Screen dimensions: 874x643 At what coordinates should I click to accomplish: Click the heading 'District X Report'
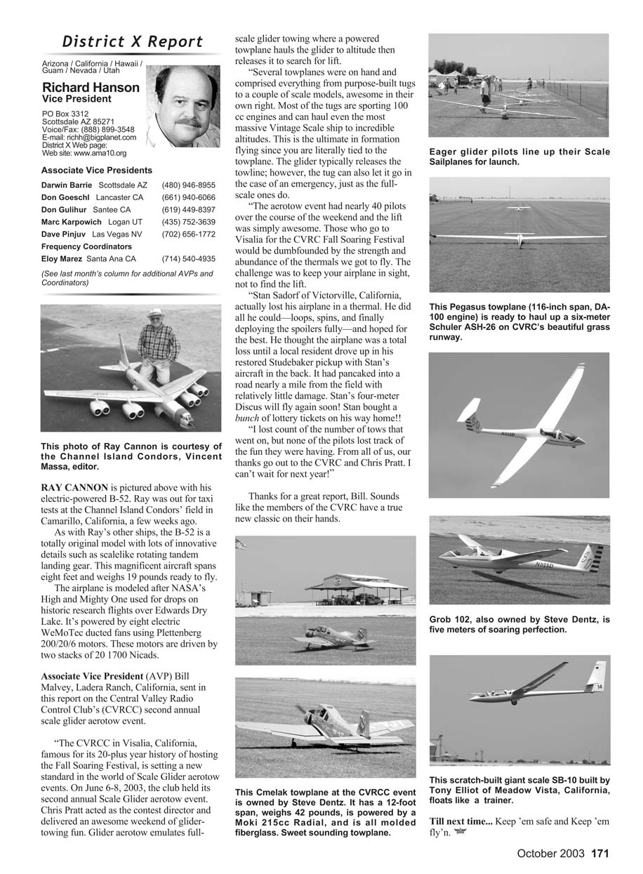133,42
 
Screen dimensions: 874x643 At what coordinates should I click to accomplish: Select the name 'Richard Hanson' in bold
91,88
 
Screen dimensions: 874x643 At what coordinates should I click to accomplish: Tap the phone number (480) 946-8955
188,185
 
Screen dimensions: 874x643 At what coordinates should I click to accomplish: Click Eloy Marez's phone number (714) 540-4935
188,258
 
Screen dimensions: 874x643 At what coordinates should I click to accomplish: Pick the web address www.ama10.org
91,152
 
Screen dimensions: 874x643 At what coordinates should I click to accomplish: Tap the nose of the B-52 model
187,423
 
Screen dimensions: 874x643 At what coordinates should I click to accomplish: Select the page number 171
599,854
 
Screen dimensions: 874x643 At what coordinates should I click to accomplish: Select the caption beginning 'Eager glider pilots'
519,157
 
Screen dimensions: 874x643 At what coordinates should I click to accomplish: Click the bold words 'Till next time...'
461,821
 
